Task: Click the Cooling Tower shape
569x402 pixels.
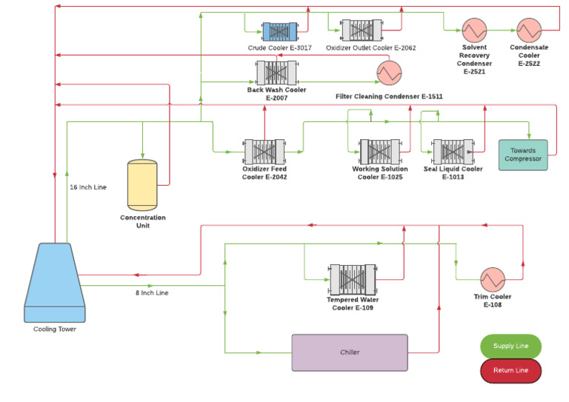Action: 49,284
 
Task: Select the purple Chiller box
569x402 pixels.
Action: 349,352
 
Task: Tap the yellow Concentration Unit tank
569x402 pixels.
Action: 142,185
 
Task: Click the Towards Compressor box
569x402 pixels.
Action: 523,155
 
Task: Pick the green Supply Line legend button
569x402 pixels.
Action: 510,346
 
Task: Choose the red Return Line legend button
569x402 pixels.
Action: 510,370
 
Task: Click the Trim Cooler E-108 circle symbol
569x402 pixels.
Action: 493,279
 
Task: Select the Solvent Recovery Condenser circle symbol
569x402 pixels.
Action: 473,30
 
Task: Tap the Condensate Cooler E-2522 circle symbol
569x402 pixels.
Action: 528,30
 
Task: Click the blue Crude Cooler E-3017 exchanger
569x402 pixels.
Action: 279,31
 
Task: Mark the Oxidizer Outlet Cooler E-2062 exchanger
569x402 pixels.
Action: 361,31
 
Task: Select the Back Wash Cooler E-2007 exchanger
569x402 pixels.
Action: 276,73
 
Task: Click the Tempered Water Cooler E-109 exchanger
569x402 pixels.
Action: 352,280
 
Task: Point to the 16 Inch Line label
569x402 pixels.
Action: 88,187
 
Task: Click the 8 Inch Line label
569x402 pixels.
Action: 151,293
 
